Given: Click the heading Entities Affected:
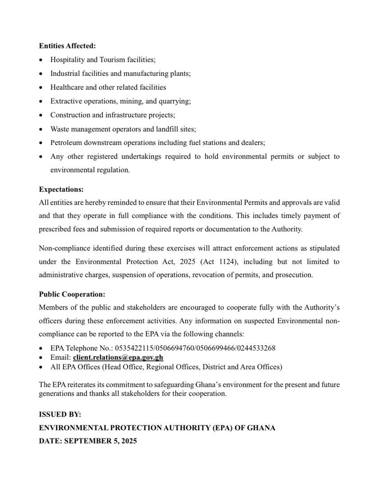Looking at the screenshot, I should [67, 46].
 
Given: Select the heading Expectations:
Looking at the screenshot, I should [61, 189].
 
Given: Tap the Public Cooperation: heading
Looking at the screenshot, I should [72, 294].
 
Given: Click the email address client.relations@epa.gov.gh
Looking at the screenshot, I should [118, 357].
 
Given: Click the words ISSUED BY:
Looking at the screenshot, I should [60, 414].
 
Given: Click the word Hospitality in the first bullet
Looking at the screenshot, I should [66, 60].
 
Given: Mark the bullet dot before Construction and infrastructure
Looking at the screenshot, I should [42, 115].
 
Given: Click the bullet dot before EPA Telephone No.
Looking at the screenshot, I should [42, 348].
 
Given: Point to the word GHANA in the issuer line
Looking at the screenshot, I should [261, 427].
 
